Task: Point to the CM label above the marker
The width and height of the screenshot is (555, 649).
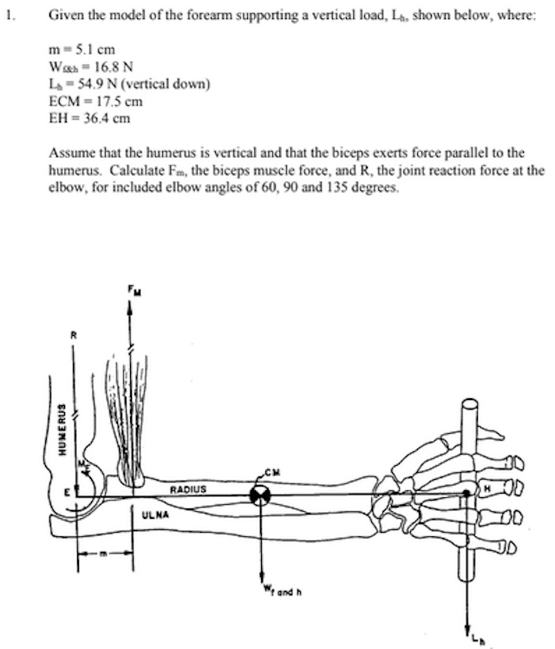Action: pos(276,471)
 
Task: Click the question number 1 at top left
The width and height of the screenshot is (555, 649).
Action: pos(8,15)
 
